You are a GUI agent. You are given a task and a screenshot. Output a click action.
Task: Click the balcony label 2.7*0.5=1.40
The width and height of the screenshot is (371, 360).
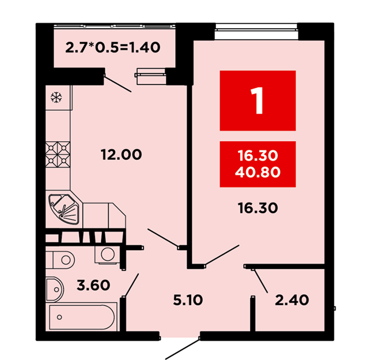(x=112, y=47)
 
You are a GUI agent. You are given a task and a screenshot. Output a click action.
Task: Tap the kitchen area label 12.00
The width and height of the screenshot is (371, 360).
(x=121, y=155)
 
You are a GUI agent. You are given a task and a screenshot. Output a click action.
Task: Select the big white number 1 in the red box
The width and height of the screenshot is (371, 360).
(x=257, y=101)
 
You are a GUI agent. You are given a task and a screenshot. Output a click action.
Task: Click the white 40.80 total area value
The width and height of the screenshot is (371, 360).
(x=257, y=172)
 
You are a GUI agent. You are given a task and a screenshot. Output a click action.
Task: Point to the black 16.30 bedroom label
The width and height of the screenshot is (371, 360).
(x=257, y=208)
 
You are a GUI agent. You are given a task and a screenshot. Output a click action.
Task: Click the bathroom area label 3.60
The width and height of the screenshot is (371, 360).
(x=93, y=285)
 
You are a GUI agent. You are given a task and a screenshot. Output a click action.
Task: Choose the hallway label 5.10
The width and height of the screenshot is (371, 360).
(x=188, y=300)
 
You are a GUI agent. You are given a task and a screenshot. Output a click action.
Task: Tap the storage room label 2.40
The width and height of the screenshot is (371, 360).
(x=292, y=300)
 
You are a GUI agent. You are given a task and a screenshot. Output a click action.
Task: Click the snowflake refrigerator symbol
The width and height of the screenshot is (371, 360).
(x=56, y=97)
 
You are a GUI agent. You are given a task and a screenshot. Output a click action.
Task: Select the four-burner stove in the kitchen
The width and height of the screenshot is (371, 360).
(x=58, y=155)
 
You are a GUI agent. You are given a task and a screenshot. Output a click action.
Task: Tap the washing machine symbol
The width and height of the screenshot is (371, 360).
(x=108, y=255)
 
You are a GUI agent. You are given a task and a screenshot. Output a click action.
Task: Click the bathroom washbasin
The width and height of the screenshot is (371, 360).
(x=55, y=290)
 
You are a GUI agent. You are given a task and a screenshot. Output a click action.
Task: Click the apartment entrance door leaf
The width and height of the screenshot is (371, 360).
(x=182, y=349)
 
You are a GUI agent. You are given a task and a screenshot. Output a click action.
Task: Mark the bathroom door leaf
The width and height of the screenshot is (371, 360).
(x=131, y=285)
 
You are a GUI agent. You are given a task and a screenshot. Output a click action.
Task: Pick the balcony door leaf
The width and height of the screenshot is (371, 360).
(x=117, y=83)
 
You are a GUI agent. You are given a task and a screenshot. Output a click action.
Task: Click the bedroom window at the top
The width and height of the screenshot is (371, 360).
(x=256, y=31)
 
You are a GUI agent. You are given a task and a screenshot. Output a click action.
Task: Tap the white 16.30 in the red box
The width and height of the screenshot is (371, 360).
(x=257, y=156)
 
